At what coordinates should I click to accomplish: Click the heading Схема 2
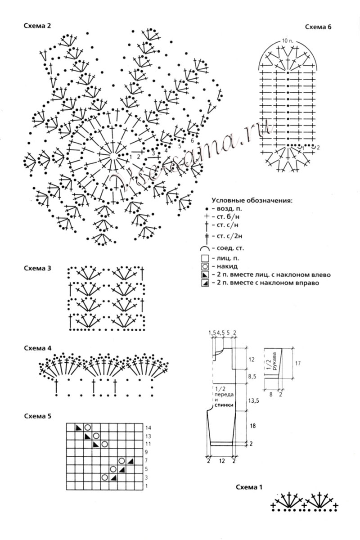coord(37,26)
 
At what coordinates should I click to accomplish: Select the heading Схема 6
coord(318,27)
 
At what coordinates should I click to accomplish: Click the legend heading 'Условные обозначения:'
coord(252,201)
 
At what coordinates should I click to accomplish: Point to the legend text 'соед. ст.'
coord(224,248)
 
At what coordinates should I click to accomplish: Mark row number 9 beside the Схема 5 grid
coord(147,452)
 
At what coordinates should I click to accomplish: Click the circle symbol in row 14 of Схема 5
coord(87,427)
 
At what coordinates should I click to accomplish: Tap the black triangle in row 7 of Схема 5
coord(130,460)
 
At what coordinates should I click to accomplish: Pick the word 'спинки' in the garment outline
coord(224,405)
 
